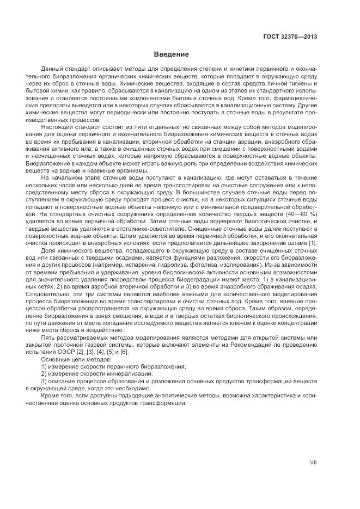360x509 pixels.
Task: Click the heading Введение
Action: click(172, 54)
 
